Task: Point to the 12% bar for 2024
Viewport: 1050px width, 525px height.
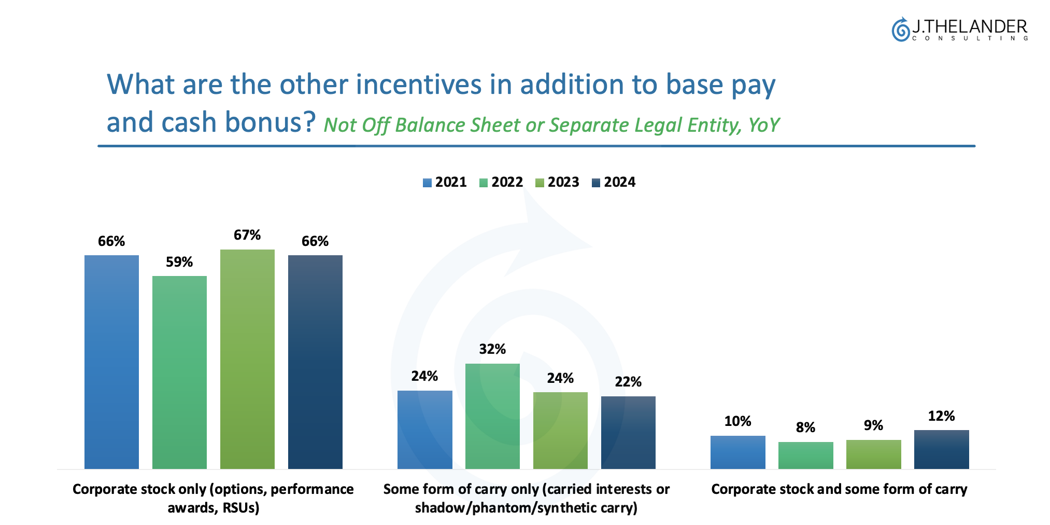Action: click(941, 449)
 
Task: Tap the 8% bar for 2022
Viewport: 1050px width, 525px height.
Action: click(805, 455)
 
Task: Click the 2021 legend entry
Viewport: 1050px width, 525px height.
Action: click(445, 182)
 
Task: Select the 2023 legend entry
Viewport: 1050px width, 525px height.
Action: click(558, 182)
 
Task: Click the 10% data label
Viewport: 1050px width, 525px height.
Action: click(737, 421)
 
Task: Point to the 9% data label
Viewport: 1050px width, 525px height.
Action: click(873, 425)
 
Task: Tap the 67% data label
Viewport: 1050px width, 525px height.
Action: click(247, 235)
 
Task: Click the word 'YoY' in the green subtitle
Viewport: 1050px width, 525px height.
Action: click(764, 125)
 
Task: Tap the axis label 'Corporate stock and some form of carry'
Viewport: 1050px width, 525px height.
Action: click(839, 489)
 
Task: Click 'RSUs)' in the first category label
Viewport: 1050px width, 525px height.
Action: click(241, 507)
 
